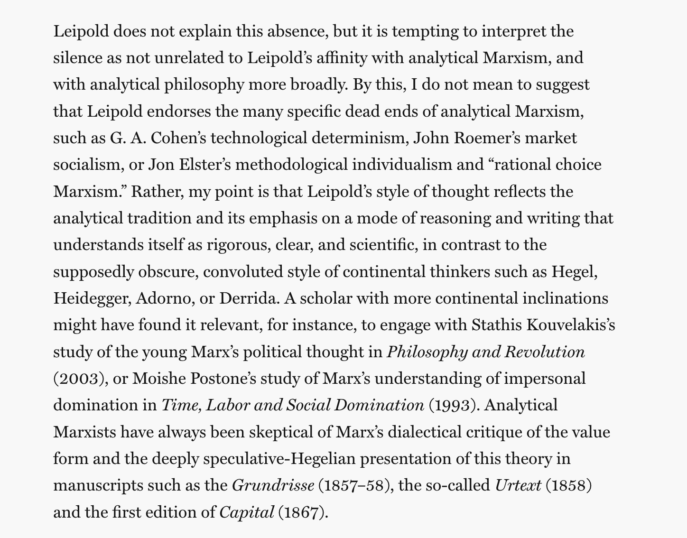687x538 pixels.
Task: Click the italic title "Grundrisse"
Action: click(x=273, y=485)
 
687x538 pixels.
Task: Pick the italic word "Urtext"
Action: click(x=518, y=485)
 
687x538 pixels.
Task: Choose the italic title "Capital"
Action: click(x=247, y=512)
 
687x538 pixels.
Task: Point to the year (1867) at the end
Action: click(x=302, y=512)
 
